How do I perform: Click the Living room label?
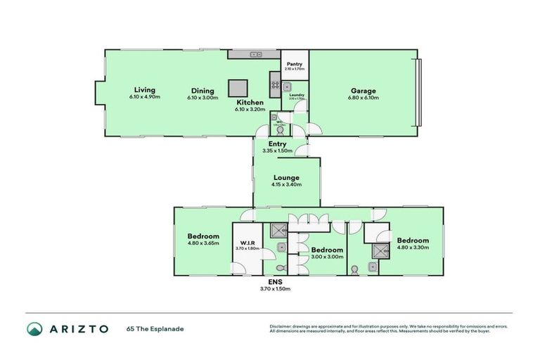(145, 90)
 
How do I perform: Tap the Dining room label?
(202, 91)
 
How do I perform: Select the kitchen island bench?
(238, 87)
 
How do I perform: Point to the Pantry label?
(294, 64)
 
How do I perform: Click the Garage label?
(364, 91)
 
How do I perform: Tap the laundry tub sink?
(288, 86)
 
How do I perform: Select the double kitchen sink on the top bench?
(255, 54)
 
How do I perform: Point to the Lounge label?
(286, 178)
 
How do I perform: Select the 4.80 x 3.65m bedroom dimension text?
(203, 243)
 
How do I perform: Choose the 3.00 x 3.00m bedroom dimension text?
(327, 257)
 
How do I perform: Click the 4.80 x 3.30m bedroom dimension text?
(412, 247)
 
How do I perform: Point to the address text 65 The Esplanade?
(155, 328)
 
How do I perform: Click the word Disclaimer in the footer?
(281, 326)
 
